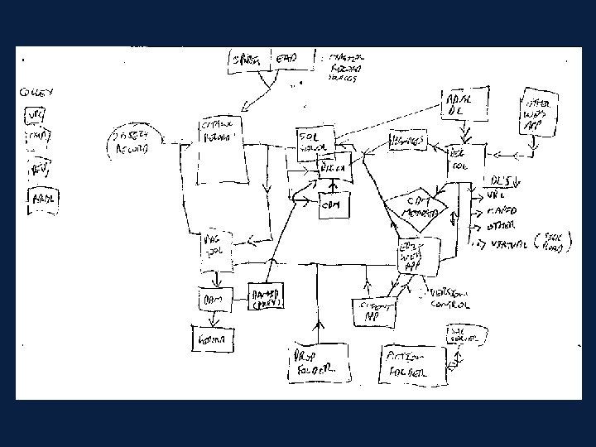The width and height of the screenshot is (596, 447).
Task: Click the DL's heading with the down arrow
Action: pos(501,180)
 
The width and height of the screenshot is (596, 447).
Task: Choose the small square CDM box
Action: pos(334,204)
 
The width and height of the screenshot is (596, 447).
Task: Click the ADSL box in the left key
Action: pos(41,199)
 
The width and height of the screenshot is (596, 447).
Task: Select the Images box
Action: pos(410,142)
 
